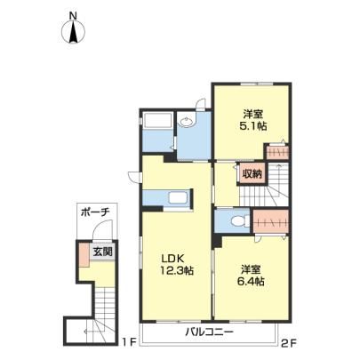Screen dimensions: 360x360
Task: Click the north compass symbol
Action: click(73, 32)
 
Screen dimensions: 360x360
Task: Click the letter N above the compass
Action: click(73, 16)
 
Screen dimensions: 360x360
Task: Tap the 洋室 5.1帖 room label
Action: click(252, 120)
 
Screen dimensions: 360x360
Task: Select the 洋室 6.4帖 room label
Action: click(251, 276)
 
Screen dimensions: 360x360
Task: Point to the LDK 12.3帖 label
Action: click(177, 264)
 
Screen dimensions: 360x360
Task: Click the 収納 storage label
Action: click(252, 174)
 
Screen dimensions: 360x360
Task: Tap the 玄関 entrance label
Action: click(103, 252)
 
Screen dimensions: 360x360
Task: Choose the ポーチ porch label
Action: click(96, 212)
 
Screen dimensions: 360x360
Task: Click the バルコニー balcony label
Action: click(210, 332)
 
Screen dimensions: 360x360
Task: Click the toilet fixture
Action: click(240, 220)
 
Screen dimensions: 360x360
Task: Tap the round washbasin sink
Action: click(187, 121)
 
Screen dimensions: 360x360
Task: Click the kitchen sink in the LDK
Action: click(178, 197)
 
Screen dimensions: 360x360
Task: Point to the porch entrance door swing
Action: click(102, 229)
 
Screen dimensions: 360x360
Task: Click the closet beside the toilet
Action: click(271, 221)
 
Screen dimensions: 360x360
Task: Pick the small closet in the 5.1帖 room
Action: click(277, 153)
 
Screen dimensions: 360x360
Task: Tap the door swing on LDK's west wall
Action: click(135, 177)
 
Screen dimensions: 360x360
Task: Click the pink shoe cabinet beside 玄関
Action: click(84, 254)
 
